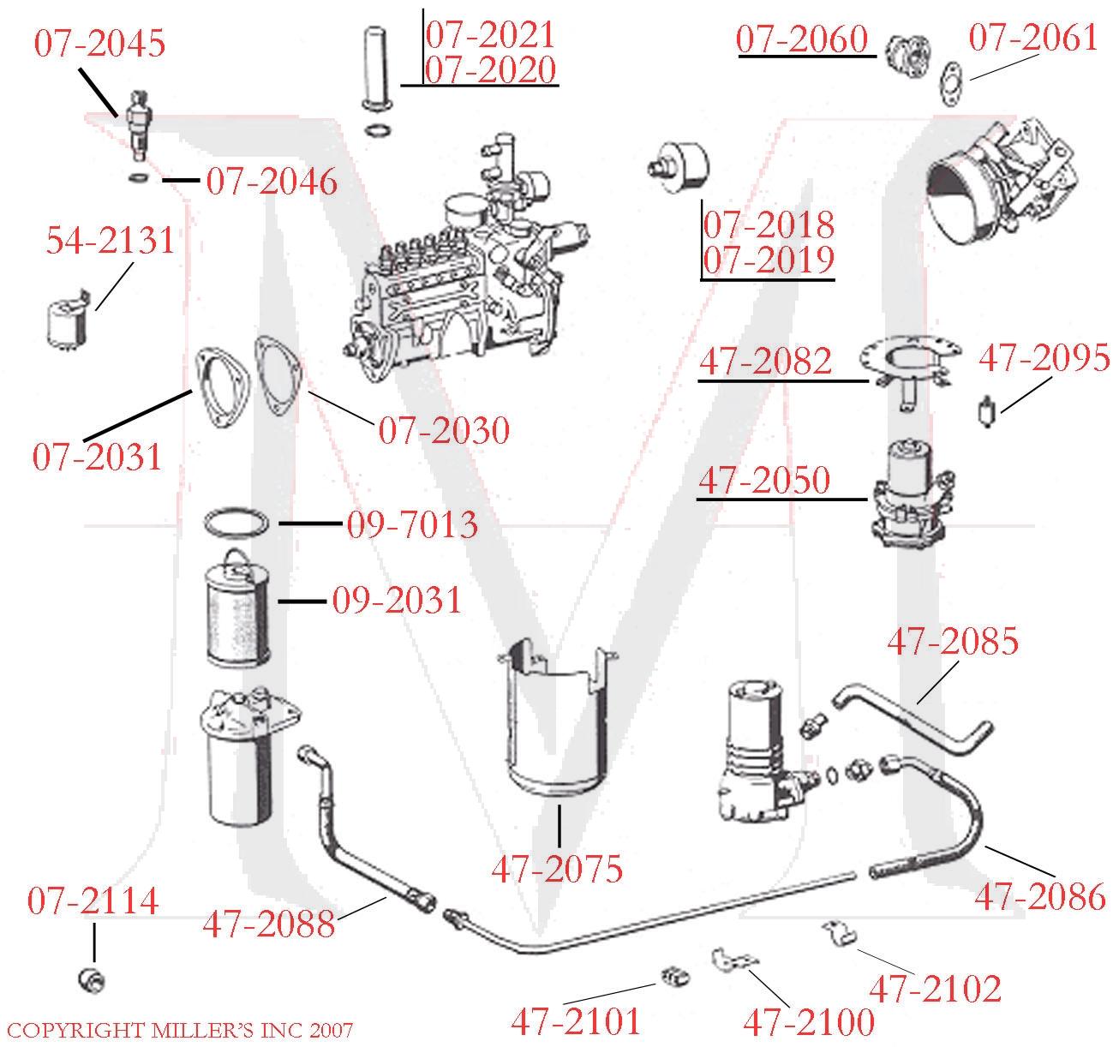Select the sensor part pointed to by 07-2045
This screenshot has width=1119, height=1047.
pos(136,124)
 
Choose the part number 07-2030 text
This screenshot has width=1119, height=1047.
pos(444,430)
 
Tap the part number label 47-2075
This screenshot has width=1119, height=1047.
pos(557,869)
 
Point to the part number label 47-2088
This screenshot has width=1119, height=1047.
pos(268,923)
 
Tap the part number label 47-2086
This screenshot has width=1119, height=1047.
pos(1040,896)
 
